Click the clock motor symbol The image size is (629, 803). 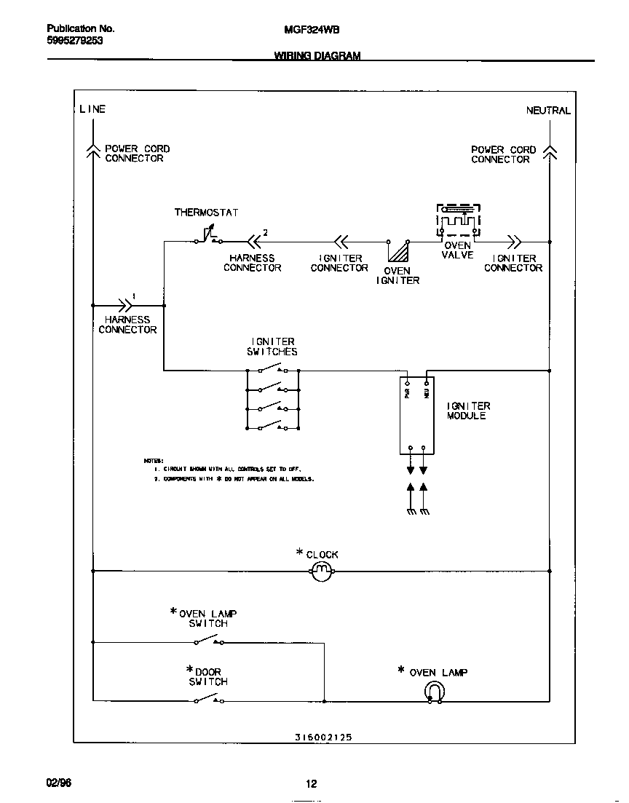pos(322,572)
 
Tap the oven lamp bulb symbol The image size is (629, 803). pos(434,692)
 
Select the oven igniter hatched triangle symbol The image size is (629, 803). pos(397,252)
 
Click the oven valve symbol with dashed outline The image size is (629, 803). pos(458,220)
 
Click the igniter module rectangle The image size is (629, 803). pos(417,415)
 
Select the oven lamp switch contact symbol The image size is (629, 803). pos(208,641)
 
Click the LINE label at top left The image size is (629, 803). pos(92,109)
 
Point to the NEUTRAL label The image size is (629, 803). pos(548,111)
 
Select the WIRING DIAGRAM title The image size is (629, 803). pos(317,56)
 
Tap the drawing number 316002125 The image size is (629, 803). pos(323,737)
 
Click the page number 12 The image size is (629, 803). pos(311,784)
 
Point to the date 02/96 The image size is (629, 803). pos(59,783)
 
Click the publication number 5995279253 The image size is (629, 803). pos(75,41)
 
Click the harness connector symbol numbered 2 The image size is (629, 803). pos(254,241)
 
